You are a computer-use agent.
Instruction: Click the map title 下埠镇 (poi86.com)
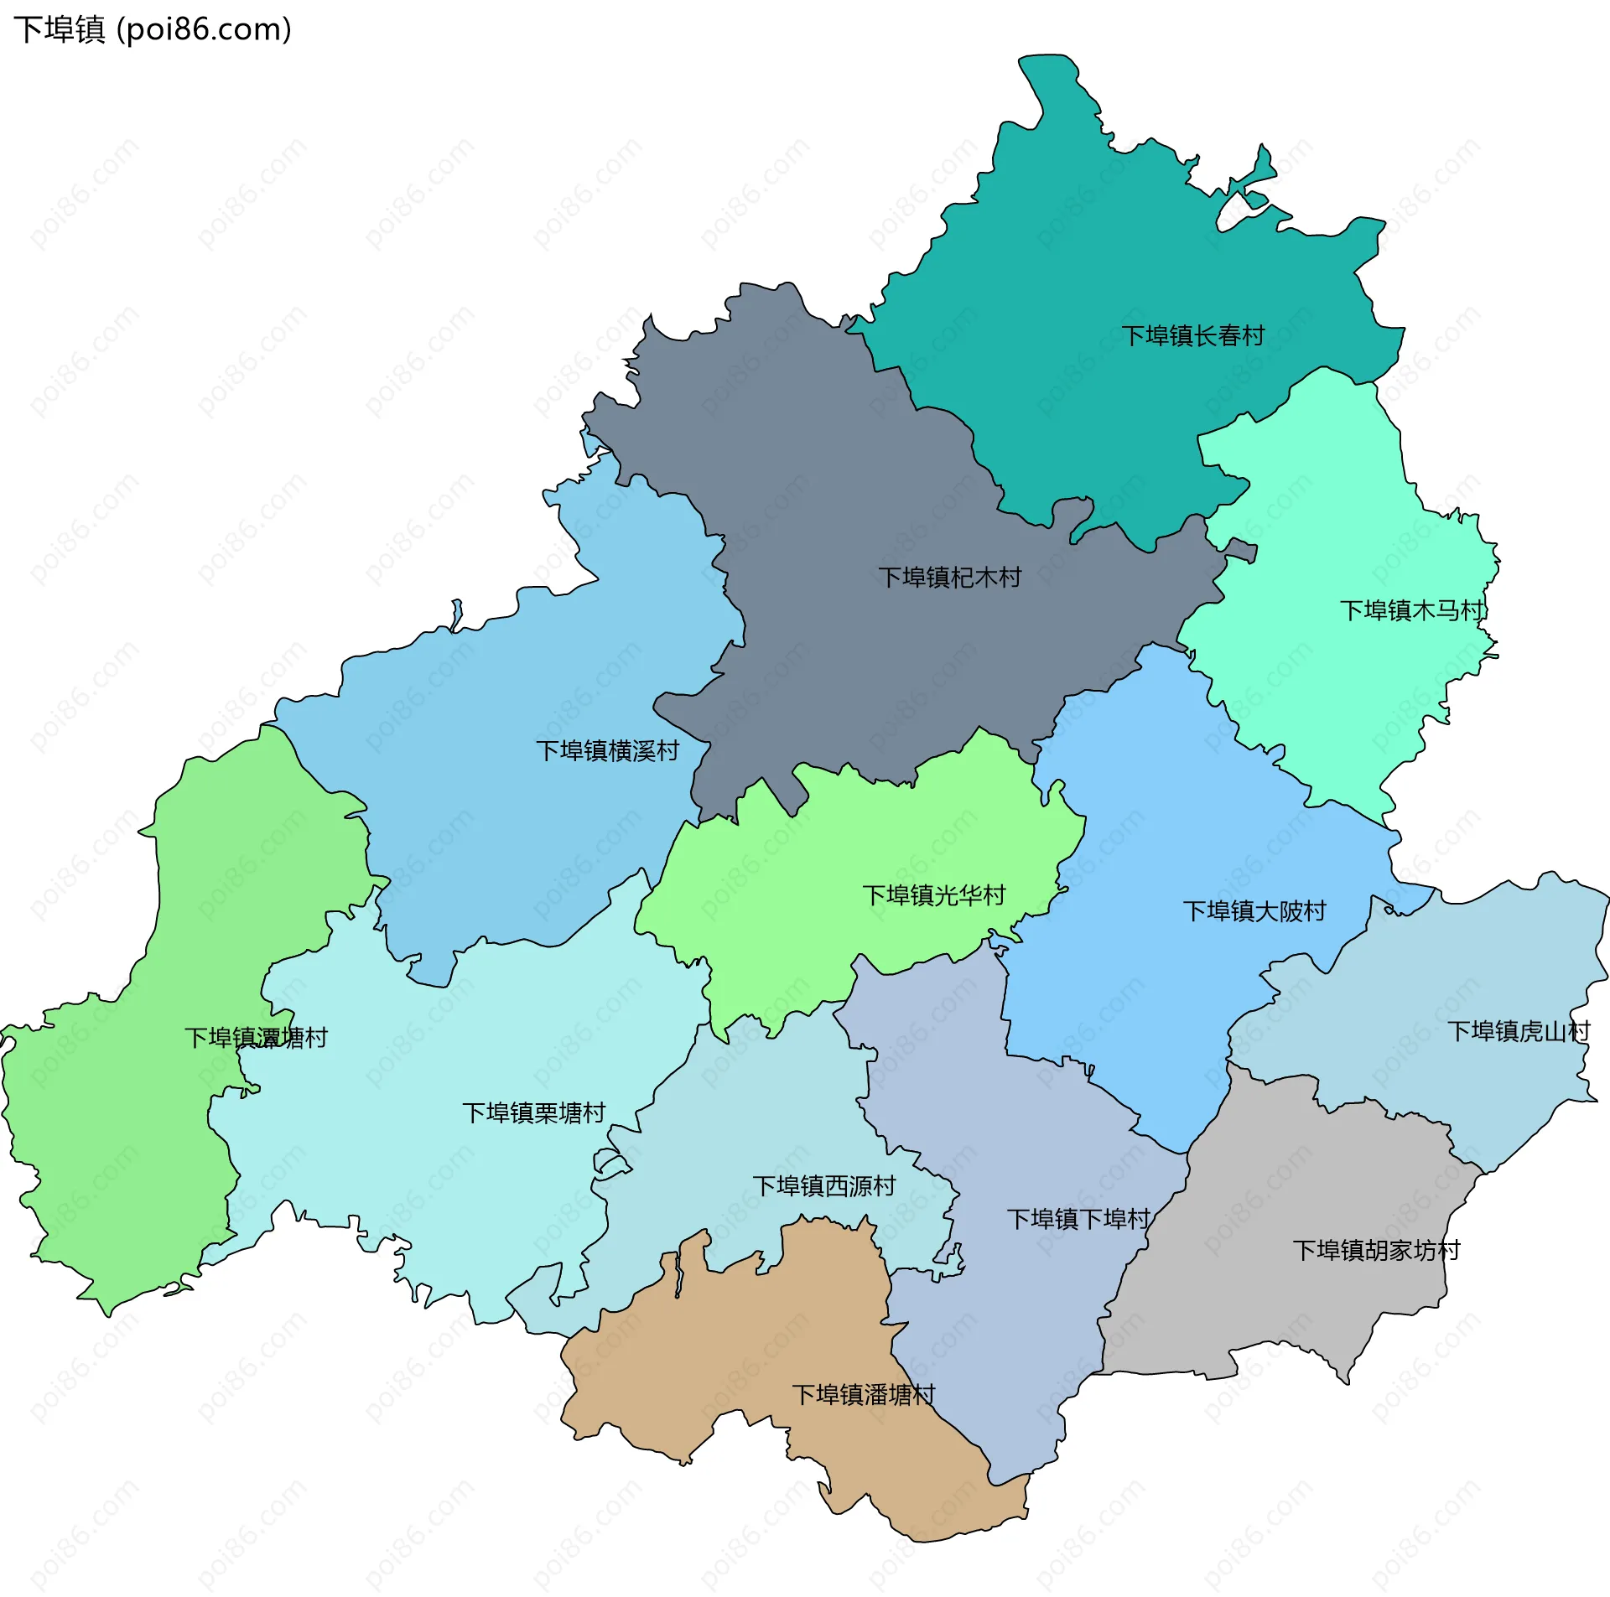(153, 29)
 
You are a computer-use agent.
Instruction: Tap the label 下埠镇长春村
(1192, 336)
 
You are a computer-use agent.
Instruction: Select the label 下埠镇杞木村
(949, 577)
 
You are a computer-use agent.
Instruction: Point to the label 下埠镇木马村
(1412, 610)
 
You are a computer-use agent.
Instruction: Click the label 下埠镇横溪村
(607, 750)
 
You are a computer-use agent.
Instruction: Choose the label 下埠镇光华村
(933, 895)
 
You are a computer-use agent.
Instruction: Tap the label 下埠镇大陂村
(1254, 911)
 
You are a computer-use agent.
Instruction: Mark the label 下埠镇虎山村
(1518, 1031)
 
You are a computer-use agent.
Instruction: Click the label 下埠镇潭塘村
(256, 1038)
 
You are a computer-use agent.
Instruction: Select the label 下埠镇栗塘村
(533, 1112)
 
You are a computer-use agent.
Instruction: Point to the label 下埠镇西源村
(823, 1185)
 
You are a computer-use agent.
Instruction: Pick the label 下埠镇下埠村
(1078, 1219)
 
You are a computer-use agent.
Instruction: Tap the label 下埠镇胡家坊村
(1376, 1250)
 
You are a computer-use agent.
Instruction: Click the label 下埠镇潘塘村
(863, 1395)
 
